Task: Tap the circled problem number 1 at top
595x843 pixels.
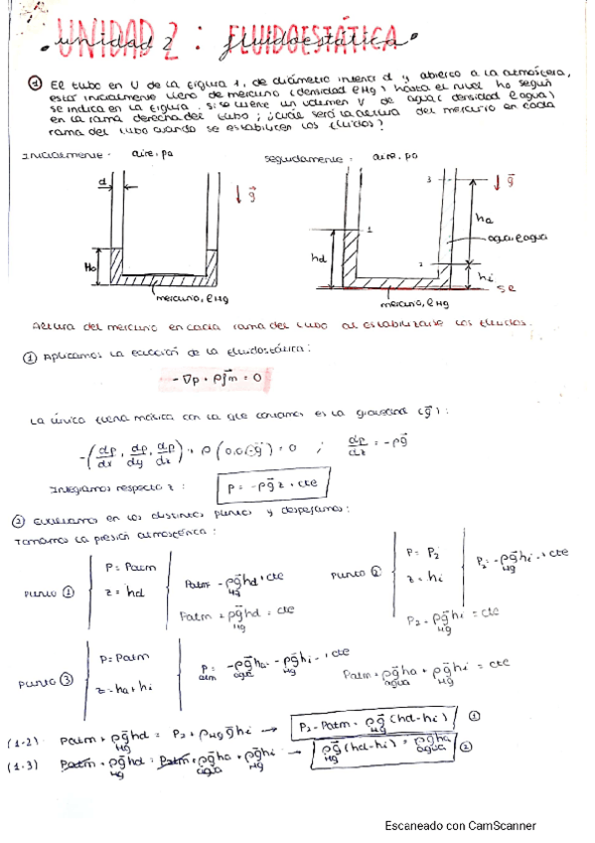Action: pos(35,84)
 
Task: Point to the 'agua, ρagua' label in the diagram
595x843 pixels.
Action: pos(510,240)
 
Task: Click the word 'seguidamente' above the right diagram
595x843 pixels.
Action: pos(298,158)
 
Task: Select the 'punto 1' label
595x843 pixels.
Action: pos(50,593)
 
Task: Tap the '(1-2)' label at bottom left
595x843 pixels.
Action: pos(25,742)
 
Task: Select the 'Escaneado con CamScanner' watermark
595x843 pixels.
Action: pos(460,825)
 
